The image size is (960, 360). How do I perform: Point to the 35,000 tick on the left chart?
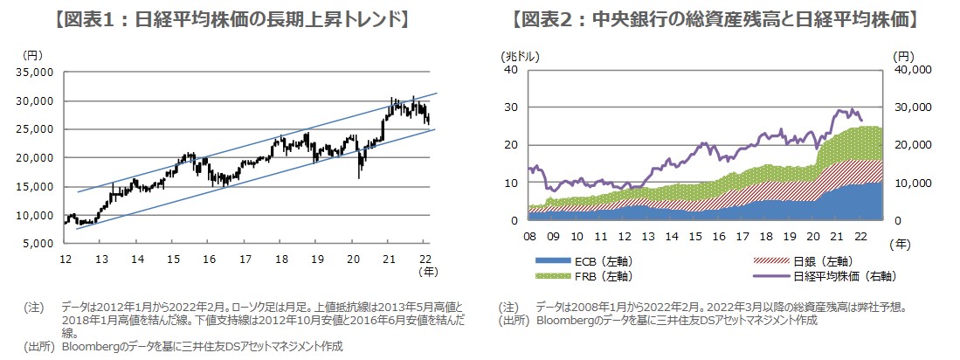[x=36, y=73]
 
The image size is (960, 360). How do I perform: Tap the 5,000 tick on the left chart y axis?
[x=39, y=244]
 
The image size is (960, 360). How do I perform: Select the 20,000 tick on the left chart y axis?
[x=36, y=158]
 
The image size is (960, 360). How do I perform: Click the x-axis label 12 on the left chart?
[x=66, y=258]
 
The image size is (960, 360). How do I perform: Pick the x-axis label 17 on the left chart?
[x=245, y=258]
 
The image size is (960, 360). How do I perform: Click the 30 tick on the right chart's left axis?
[x=514, y=107]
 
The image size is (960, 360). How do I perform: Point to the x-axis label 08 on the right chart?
[x=530, y=236]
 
